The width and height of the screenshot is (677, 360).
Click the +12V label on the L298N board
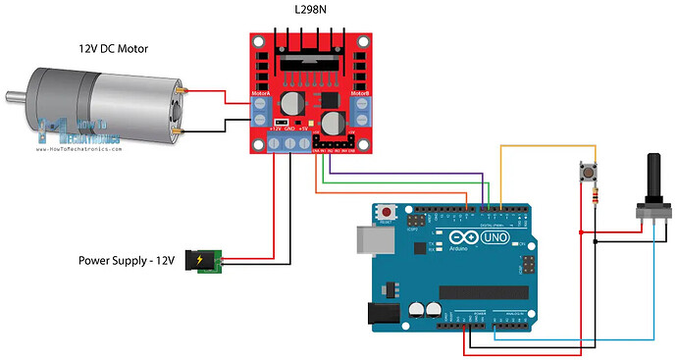click(276, 129)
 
